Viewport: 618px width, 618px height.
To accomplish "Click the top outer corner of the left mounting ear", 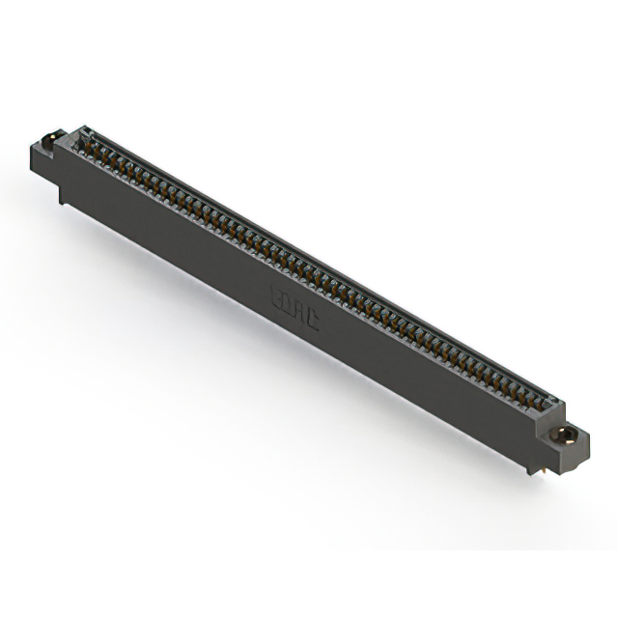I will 43,138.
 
